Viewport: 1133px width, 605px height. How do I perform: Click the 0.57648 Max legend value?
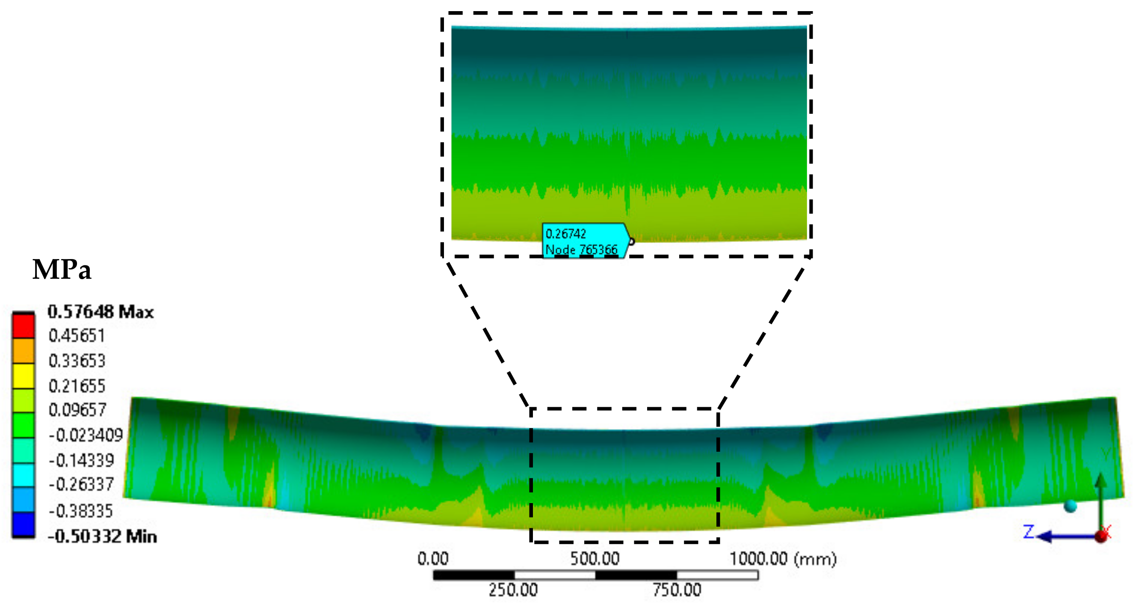click(x=101, y=312)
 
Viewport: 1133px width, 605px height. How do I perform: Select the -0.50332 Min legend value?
click(x=102, y=536)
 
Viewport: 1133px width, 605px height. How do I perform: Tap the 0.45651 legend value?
click(x=77, y=336)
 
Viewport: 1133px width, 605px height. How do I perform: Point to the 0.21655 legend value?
click(x=77, y=386)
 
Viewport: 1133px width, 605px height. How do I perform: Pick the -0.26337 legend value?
click(x=81, y=484)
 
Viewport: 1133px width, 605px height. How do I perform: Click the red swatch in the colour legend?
click(x=24, y=325)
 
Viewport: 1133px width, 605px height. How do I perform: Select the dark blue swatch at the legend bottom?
click(x=24, y=524)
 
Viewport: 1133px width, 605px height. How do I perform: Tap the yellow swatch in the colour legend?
click(x=24, y=376)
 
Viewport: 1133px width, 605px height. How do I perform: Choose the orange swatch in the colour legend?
click(x=24, y=351)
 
